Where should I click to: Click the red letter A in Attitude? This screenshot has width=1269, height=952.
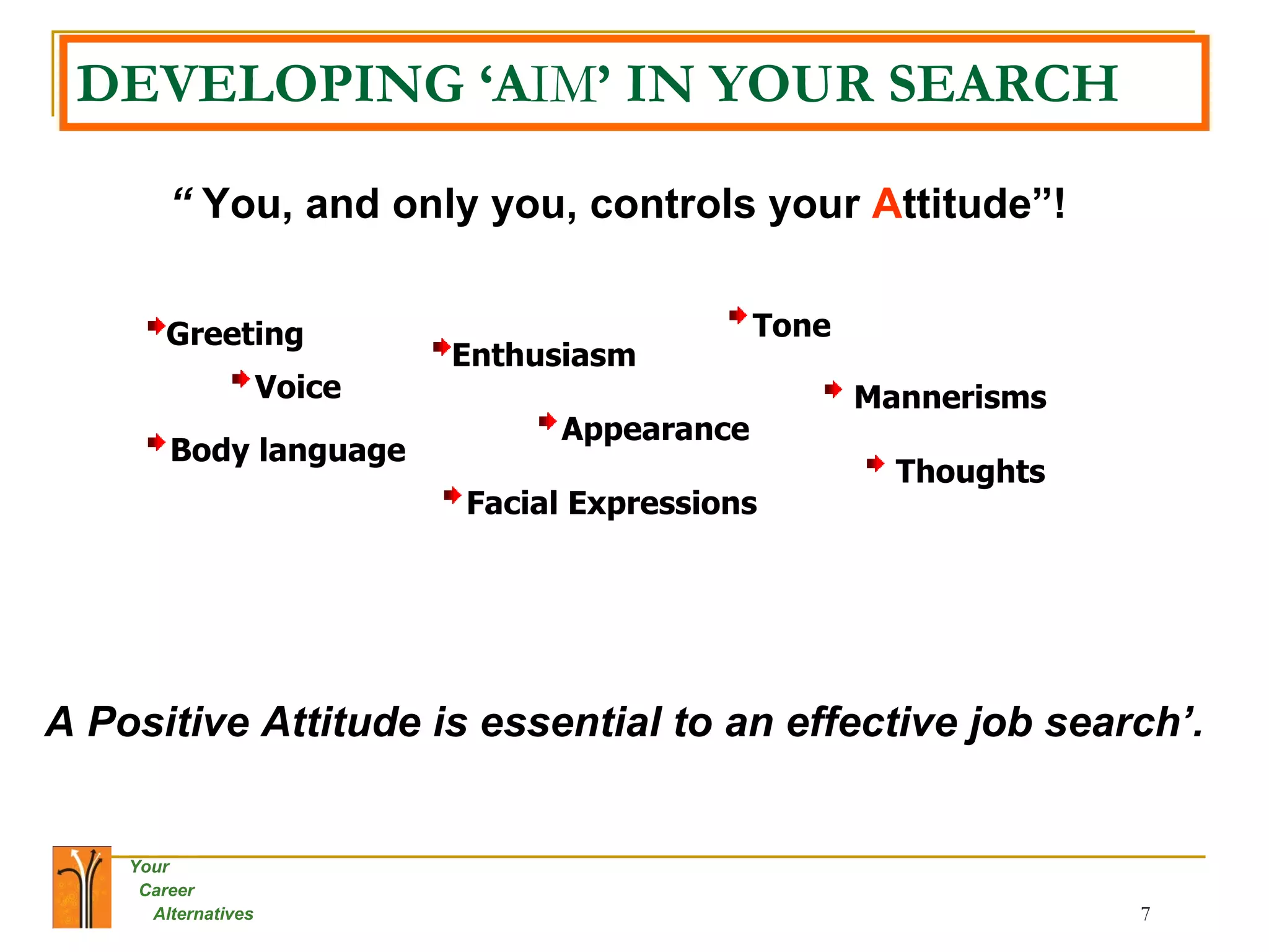[x=887, y=204]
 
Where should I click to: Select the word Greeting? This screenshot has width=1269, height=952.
[x=235, y=335]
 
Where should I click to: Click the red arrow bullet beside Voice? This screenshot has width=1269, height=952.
[x=241, y=379]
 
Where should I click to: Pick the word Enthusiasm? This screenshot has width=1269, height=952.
[x=543, y=356]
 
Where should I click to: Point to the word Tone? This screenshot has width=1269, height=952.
[x=791, y=326]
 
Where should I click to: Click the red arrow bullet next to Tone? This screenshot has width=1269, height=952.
[x=738, y=315]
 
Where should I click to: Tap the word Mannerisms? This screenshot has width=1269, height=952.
[x=950, y=397]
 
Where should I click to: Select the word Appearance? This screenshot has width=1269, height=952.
[x=655, y=430]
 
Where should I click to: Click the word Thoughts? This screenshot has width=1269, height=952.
[x=970, y=472]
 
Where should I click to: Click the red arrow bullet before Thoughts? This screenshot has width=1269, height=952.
[x=876, y=463]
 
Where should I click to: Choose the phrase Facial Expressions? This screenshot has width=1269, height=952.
[x=612, y=503]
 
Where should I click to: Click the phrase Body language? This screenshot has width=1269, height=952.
[x=288, y=451]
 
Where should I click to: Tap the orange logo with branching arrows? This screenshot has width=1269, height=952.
[x=82, y=887]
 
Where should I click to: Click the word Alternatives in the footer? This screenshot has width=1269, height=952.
[x=203, y=914]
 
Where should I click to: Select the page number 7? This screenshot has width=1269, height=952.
[x=1145, y=914]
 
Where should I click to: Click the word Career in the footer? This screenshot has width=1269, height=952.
[x=167, y=890]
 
